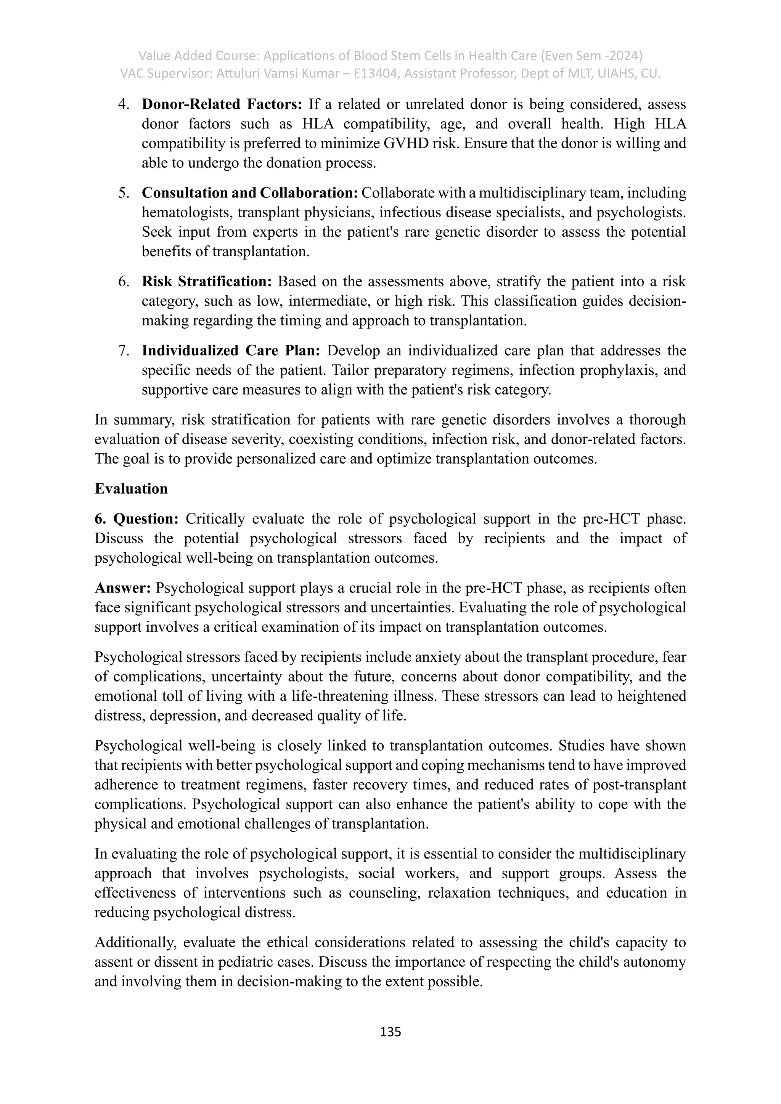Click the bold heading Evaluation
tap(131, 489)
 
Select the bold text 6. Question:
tap(137, 519)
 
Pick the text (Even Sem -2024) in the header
tap(592, 56)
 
